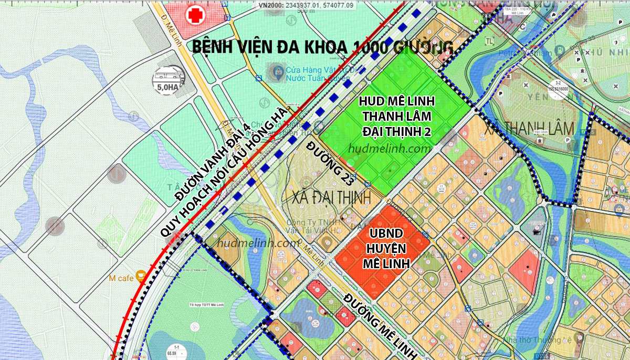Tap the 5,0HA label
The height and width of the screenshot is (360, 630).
click(168, 88)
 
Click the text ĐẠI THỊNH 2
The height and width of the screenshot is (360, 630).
click(397, 131)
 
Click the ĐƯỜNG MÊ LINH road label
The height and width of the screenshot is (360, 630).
click(380, 326)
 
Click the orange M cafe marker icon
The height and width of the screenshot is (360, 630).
click(140, 276)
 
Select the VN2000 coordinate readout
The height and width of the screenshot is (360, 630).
click(313, 5)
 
